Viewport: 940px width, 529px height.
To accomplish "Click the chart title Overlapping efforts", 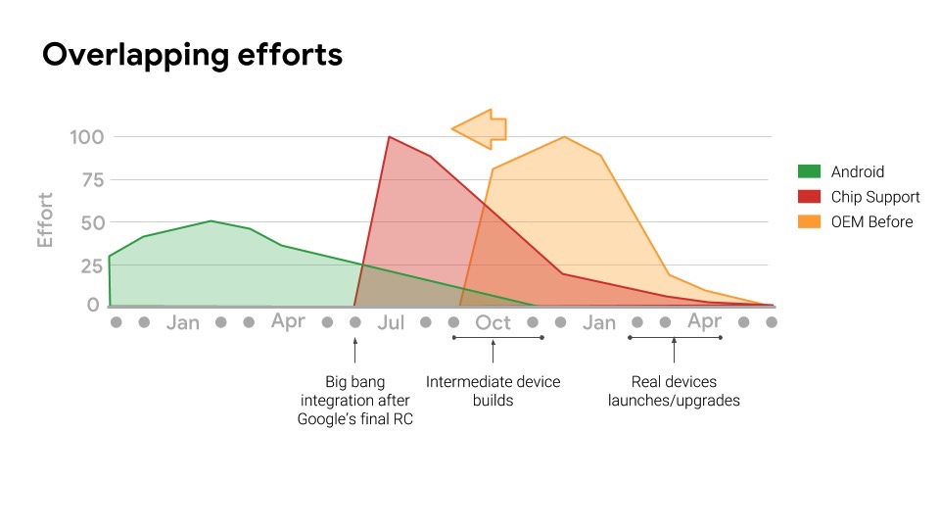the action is (x=193, y=55).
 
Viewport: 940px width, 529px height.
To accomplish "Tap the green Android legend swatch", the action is (x=809, y=171).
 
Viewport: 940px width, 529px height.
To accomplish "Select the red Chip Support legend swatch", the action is (x=809, y=197).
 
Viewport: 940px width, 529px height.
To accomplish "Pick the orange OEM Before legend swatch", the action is (x=809, y=221).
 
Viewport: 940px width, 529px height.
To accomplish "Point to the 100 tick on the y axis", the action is (x=87, y=137).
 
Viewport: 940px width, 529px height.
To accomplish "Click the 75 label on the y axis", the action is (x=93, y=180).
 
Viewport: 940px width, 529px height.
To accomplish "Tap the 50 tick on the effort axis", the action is (x=93, y=223).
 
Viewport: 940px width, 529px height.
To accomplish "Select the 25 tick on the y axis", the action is (x=93, y=265).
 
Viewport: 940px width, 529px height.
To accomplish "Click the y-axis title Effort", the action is (x=46, y=220).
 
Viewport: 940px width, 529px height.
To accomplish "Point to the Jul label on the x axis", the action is (x=391, y=322).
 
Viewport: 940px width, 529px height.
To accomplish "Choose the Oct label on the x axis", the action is (x=493, y=322).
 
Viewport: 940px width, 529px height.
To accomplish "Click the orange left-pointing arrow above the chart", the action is (x=479, y=129).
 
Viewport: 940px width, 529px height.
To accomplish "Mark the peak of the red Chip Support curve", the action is (x=389, y=137).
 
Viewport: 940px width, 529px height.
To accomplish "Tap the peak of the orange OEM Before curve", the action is (x=564, y=137).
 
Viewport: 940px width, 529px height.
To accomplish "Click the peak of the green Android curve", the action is (x=211, y=220).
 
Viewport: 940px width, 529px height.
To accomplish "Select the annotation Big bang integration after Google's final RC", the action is (x=354, y=400).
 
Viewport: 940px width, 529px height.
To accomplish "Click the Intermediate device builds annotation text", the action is (x=493, y=391).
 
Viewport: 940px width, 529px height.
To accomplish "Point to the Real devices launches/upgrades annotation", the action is (x=674, y=391).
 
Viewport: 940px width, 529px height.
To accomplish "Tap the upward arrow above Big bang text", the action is (x=354, y=351).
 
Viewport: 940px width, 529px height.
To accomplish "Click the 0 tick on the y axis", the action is (x=93, y=305).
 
